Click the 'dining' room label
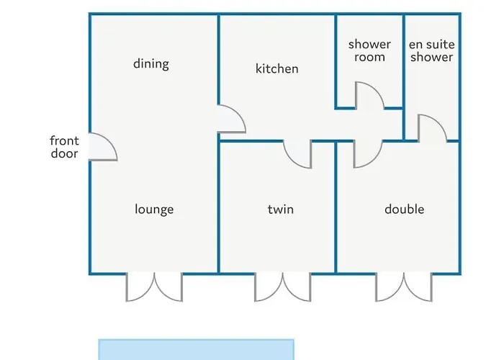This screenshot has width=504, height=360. click(151, 64)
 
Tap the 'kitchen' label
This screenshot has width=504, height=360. click(277, 68)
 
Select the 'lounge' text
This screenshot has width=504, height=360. click(154, 210)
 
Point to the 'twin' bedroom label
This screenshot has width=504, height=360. click(281, 210)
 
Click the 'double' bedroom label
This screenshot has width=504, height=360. click(405, 210)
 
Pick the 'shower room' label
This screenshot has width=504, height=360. click(369, 50)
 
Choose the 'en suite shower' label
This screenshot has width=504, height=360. click(432, 50)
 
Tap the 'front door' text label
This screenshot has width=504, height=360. click(64, 147)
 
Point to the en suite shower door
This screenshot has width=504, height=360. click(440, 122)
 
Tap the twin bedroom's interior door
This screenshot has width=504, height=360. click(290, 160)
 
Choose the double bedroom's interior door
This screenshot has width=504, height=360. click(375, 160)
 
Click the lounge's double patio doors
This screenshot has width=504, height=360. click(154, 288)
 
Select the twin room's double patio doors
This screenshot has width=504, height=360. click(283, 288)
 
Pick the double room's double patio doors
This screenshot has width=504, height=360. click(404, 288)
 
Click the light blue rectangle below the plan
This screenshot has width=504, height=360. click(196, 349)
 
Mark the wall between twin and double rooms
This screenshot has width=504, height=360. click(336, 207)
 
